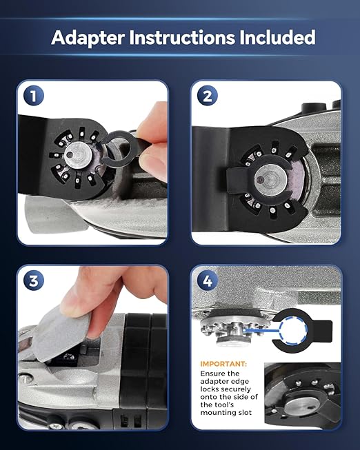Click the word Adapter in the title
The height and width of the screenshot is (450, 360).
coord(88,38)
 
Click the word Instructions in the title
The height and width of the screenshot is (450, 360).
coord(182,37)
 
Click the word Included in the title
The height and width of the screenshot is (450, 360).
coord(277,37)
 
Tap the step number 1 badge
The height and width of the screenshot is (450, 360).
coord(34,96)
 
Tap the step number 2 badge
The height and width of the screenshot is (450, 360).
coord(208,96)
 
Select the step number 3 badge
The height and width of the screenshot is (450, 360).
coord(34,280)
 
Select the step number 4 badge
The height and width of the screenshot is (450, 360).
coord(208,280)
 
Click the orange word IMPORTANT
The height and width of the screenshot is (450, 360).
coord(223,364)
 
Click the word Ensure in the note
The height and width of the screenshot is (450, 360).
coord(212,374)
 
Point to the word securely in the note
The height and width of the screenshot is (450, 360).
coord(237,389)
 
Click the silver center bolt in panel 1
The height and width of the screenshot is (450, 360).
coord(78,155)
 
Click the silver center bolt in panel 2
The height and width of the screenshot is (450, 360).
coord(270,180)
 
